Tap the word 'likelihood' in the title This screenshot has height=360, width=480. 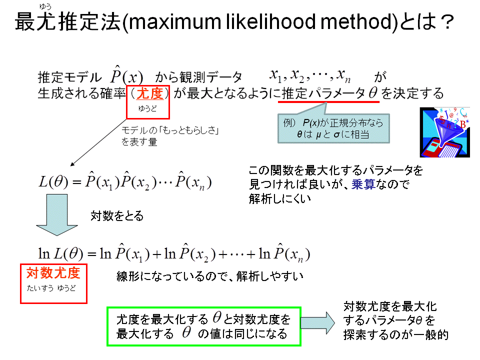(x=270, y=21)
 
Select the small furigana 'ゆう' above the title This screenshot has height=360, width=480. (x=45, y=6)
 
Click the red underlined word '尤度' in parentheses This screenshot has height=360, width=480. (x=149, y=93)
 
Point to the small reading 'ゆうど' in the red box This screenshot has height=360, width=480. (x=147, y=108)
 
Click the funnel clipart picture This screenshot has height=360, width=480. (x=444, y=132)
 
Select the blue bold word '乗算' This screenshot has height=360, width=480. (x=363, y=184)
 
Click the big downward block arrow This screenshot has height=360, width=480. (x=57, y=215)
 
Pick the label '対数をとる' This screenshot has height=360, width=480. (x=117, y=216)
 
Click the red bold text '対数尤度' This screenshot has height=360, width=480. (x=53, y=273)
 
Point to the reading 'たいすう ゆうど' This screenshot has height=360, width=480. (x=51, y=288)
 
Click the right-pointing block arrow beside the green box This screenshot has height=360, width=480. (x=318, y=322)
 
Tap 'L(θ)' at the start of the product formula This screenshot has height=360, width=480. (x=53, y=182)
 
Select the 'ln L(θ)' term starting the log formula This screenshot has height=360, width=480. (x=60, y=254)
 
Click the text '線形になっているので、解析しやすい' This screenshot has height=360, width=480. (x=210, y=276)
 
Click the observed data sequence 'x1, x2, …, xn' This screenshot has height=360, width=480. (x=310, y=75)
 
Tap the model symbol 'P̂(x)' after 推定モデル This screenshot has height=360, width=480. (x=126, y=75)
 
